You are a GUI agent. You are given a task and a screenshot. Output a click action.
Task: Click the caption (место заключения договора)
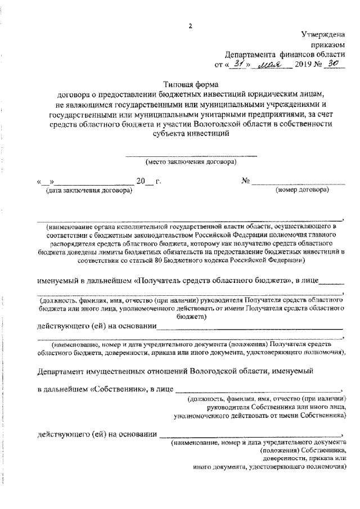pos(191,162)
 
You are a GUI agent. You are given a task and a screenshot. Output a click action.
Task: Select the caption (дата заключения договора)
pos(89,191)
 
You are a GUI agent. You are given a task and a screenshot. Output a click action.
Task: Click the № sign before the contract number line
pos(245,181)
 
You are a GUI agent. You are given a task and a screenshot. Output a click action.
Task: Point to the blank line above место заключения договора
pos(191,155)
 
